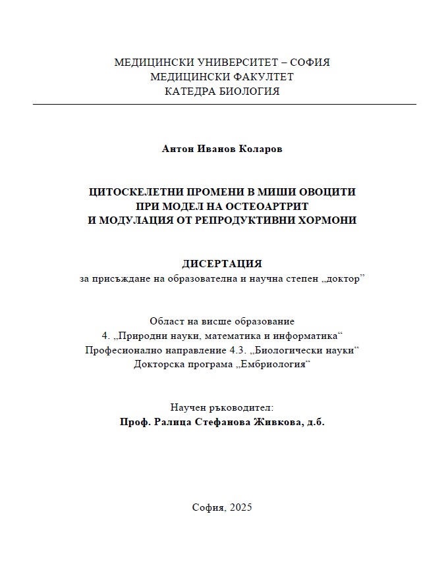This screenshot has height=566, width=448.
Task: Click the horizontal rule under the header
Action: [224, 105]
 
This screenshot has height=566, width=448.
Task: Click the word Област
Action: [165, 321]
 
